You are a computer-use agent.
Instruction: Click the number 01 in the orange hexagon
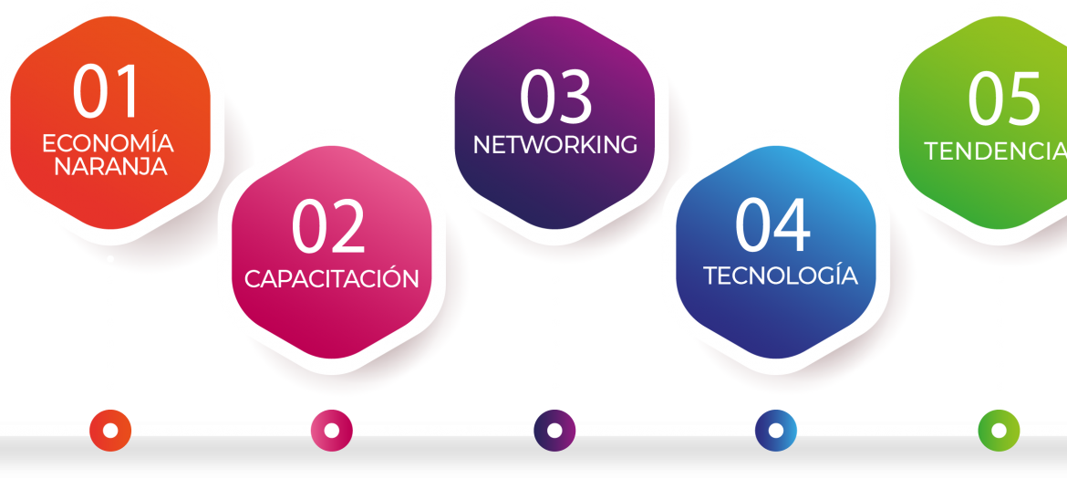[106, 92]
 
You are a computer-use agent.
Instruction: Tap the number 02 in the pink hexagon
[328, 227]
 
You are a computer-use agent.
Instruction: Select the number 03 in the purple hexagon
[555, 98]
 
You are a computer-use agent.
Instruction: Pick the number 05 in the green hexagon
[1004, 99]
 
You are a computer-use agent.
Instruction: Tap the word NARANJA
[110, 166]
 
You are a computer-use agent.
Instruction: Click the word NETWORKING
[555, 144]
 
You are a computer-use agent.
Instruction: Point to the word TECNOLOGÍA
[780, 274]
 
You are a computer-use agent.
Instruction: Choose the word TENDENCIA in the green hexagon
[995, 151]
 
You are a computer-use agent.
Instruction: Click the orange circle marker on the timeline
[110, 431]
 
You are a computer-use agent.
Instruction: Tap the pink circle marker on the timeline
[331, 431]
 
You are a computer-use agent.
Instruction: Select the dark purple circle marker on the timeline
[554, 431]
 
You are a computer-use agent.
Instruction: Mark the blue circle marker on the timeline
[776, 431]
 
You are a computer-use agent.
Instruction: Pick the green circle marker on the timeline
[999, 431]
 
